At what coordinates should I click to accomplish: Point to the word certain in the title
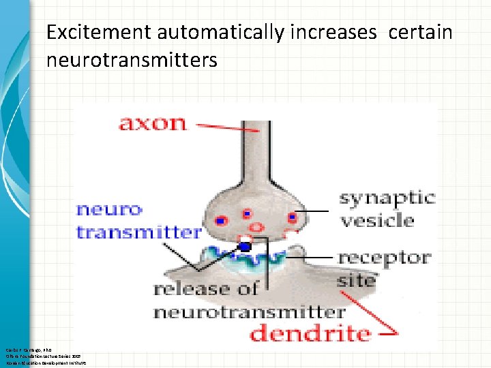click(x=420, y=32)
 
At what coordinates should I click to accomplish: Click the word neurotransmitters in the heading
click(x=132, y=60)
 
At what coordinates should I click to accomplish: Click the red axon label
click(x=152, y=123)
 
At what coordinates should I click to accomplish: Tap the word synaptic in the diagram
click(x=387, y=198)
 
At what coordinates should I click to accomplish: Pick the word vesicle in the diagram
click(x=377, y=220)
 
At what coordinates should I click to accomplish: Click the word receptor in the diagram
click(x=384, y=258)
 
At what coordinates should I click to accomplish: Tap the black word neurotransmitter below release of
click(x=249, y=312)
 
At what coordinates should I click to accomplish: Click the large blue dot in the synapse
click(x=245, y=247)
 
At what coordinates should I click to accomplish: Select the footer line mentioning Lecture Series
click(x=42, y=356)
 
